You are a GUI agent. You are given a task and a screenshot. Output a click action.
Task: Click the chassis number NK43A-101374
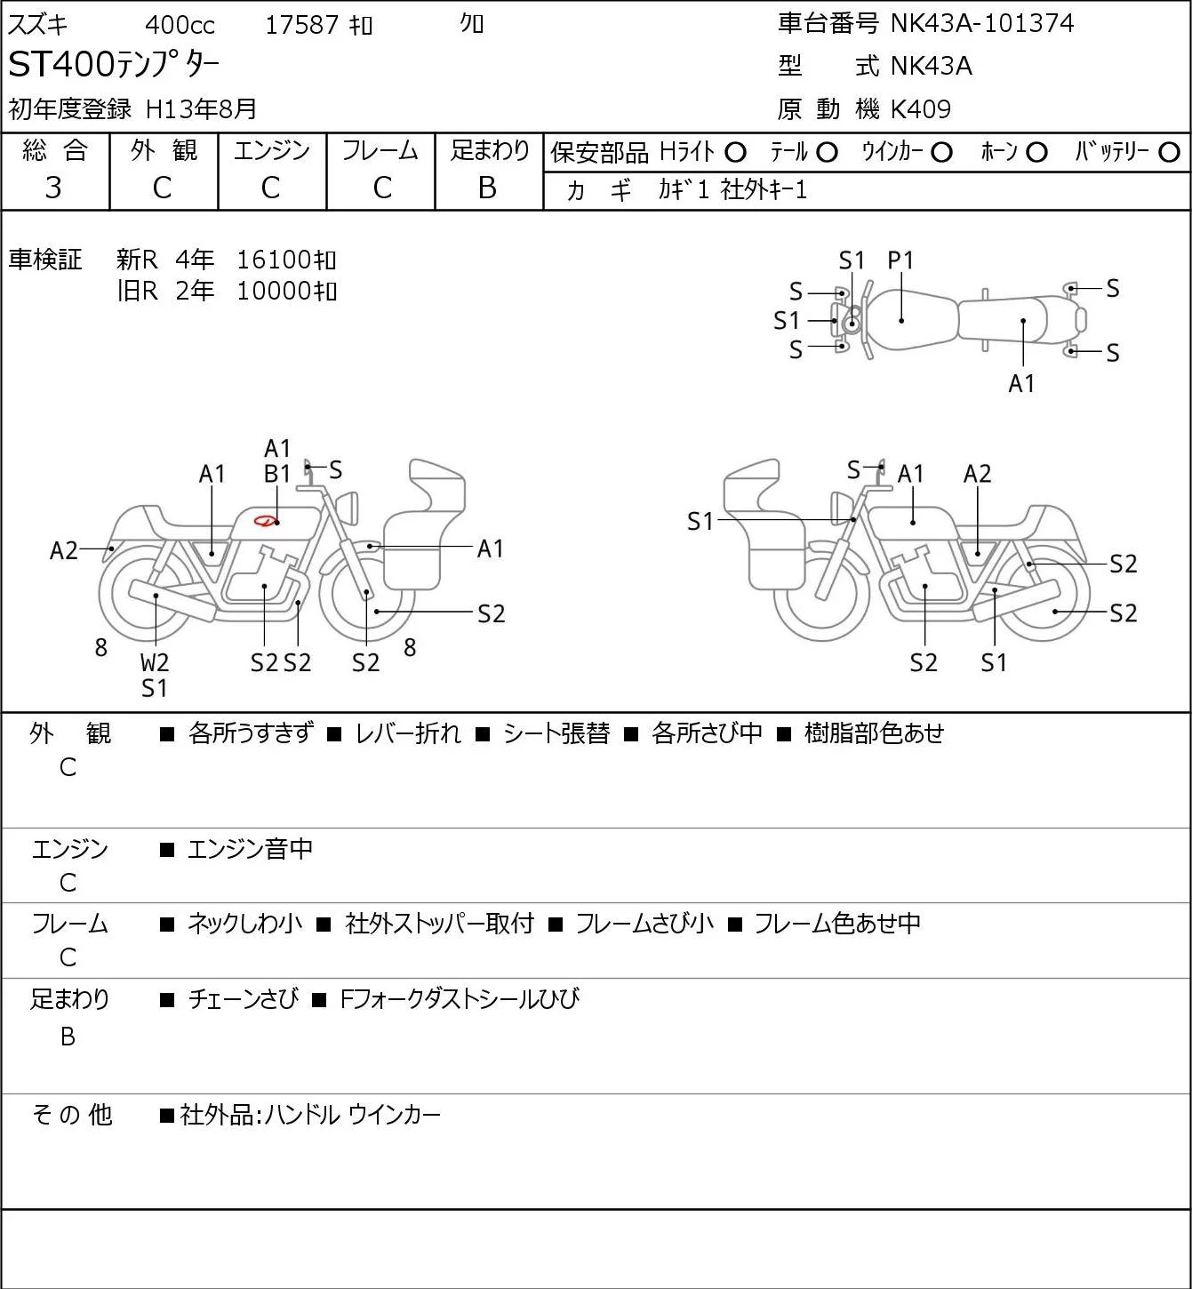click(x=981, y=24)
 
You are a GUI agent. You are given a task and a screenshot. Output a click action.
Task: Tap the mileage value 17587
click(x=302, y=25)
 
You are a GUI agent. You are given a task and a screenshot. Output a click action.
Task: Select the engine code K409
click(x=921, y=109)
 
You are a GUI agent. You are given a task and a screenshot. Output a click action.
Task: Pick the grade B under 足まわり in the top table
click(x=487, y=188)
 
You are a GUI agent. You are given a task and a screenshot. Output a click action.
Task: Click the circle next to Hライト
click(x=735, y=153)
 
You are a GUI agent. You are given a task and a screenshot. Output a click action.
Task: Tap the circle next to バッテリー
click(x=1169, y=153)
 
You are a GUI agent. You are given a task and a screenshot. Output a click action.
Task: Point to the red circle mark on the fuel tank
click(x=265, y=520)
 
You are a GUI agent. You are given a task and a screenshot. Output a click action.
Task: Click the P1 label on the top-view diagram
click(x=900, y=260)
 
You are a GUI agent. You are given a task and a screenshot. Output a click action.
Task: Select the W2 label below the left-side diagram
click(x=155, y=662)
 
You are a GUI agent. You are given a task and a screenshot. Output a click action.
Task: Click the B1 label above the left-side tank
click(x=277, y=474)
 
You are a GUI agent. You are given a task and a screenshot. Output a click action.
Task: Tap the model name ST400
click(x=61, y=65)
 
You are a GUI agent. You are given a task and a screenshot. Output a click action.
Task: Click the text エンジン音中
click(x=250, y=849)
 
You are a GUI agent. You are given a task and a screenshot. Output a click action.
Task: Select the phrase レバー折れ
click(x=408, y=733)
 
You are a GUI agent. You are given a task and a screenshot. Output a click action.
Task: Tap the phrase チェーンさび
click(x=244, y=999)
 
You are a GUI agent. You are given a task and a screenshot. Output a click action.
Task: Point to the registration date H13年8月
click(x=201, y=109)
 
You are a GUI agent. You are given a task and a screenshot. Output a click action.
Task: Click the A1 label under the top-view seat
click(x=1021, y=383)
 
